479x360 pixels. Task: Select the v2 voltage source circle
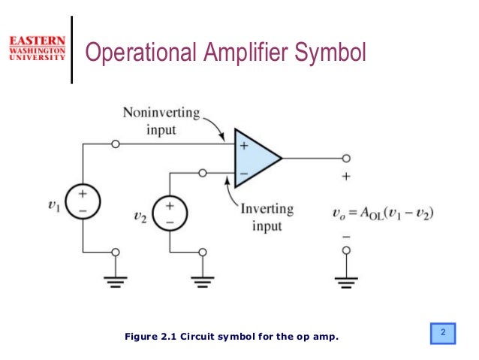pyautogui.click(x=170, y=213)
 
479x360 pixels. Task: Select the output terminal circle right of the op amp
pyautogui.click(x=346, y=159)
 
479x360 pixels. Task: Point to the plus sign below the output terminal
pyautogui.click(x=346, y=177)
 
